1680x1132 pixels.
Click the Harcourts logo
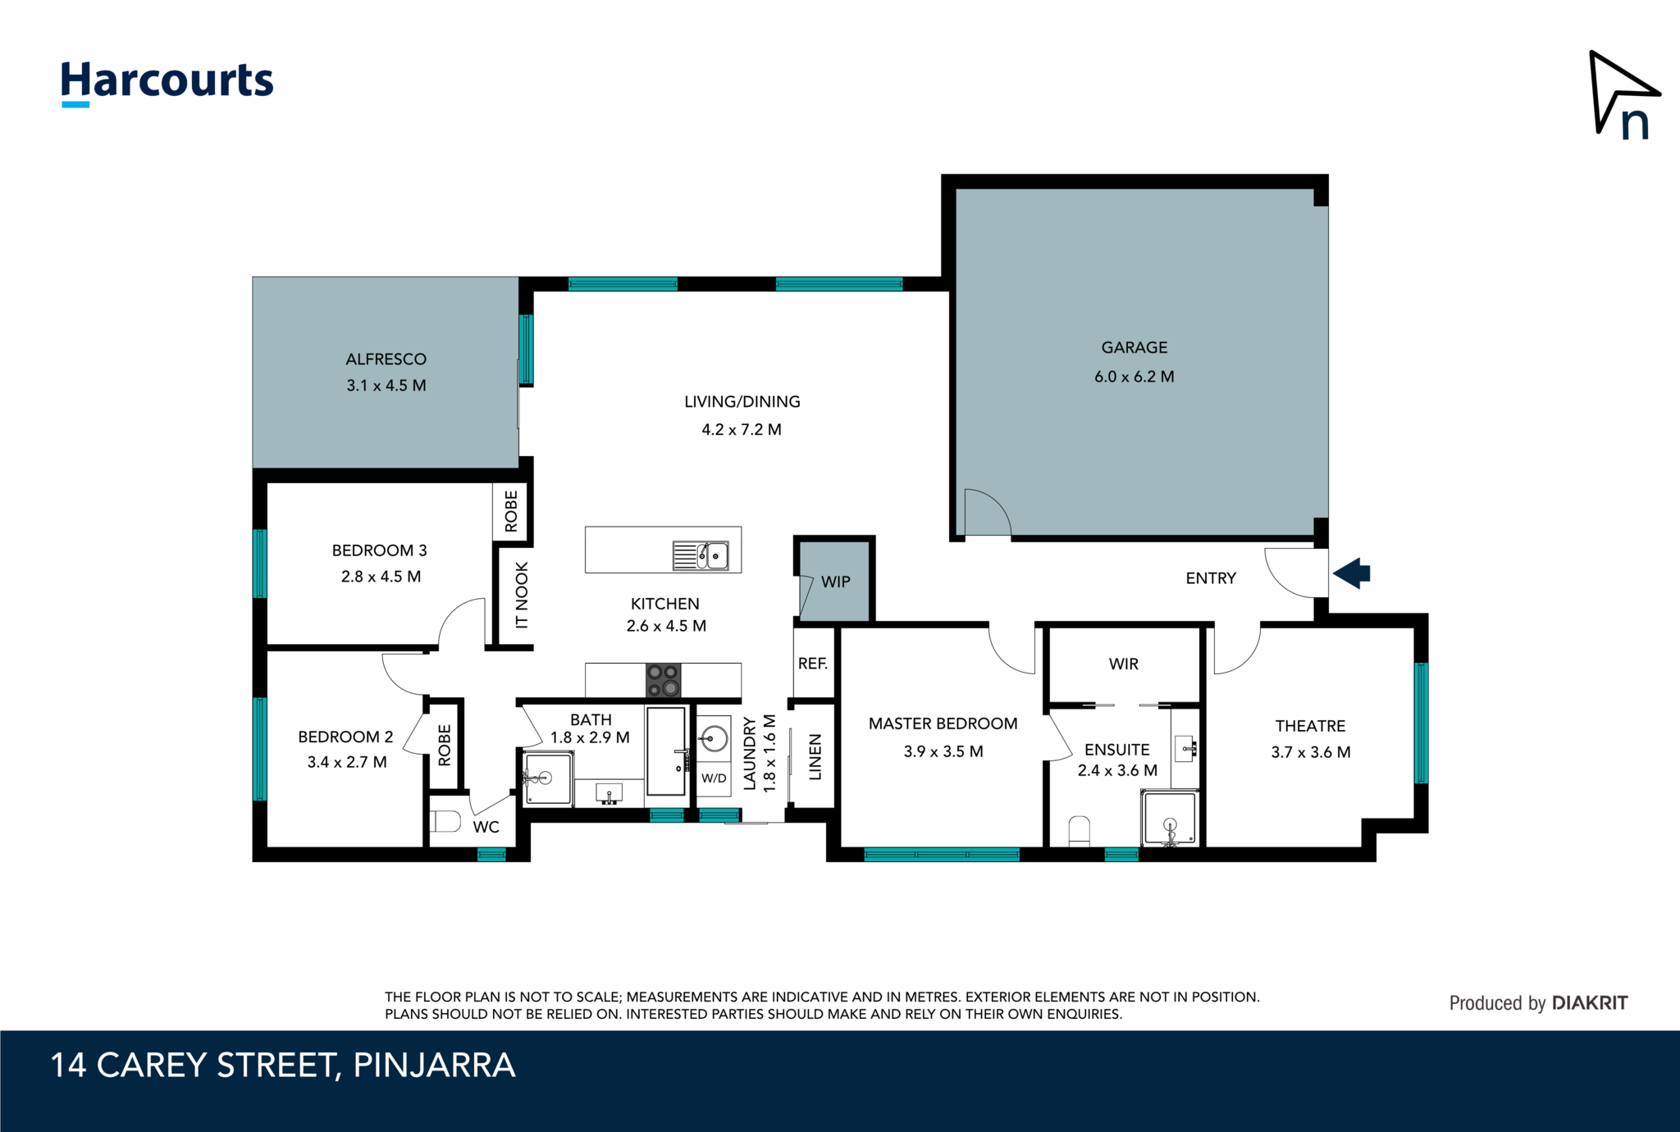[x=167, y=83]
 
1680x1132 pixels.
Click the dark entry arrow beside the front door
[x=1352, y=573]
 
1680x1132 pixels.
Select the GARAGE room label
[x=1134, y=348]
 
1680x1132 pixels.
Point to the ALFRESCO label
[x=386, y=359]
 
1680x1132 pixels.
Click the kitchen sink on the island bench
[x=701, y=555]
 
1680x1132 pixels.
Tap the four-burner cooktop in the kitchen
[x=663, y=680]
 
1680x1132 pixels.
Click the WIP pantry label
[x=836, y=582]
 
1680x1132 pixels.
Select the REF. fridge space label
[x=813, y=663]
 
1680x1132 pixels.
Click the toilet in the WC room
[x=445, y=820]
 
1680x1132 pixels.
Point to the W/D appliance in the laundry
[x=714, y=778]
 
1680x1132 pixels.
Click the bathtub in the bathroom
[x=665, y=751]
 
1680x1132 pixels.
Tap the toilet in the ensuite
[x=1080, y=831]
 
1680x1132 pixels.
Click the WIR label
[x=1123, y=664]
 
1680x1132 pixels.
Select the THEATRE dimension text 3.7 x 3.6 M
[x=1311, y=752]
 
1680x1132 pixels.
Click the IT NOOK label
[x=522, y=596]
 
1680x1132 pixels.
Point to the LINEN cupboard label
[x=815, y=757]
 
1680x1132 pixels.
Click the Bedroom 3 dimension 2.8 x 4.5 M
[x=381, y=577]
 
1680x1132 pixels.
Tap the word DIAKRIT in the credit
[x=1590, y=1002]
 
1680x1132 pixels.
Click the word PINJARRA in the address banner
[x=434, y=1065]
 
